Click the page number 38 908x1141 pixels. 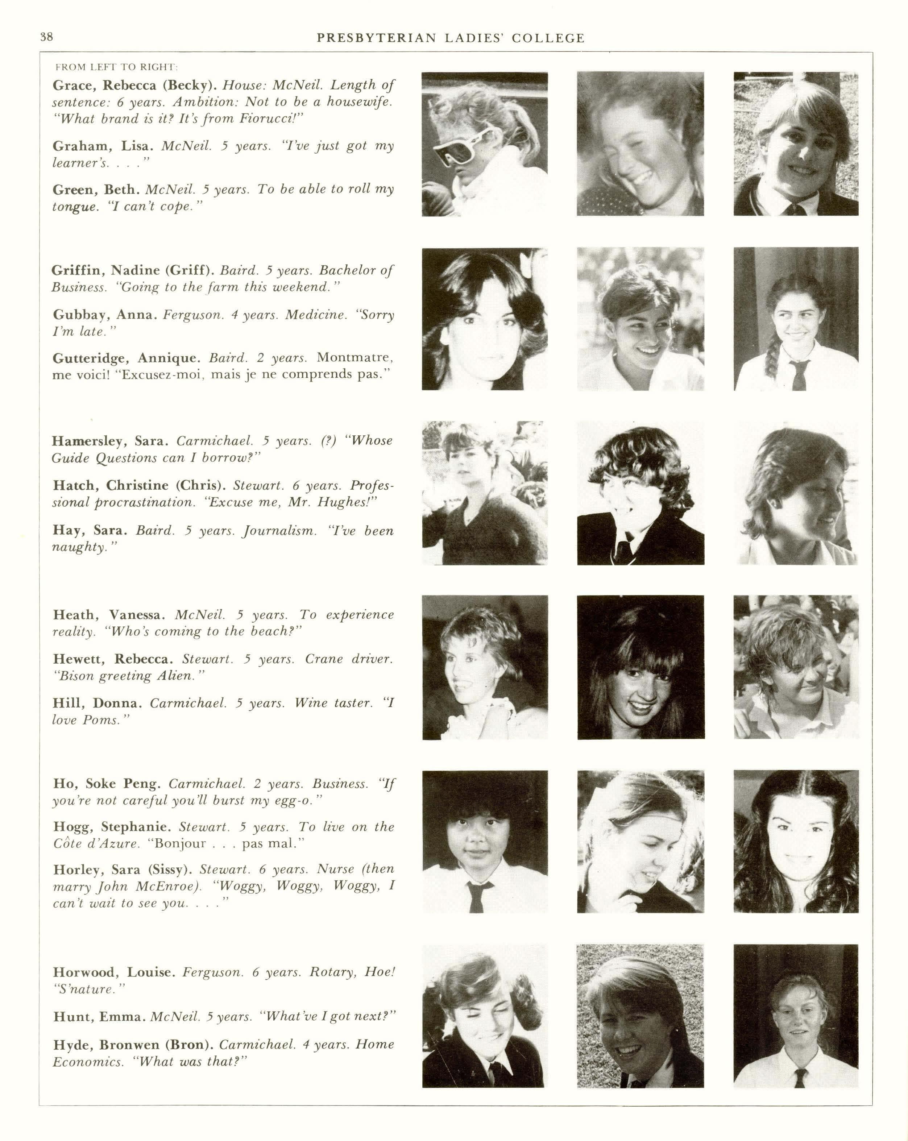click(x=46, y=37)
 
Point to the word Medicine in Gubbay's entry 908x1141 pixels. click(x=315, y=315)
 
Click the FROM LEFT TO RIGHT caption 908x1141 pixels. click(x=116, y=67)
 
